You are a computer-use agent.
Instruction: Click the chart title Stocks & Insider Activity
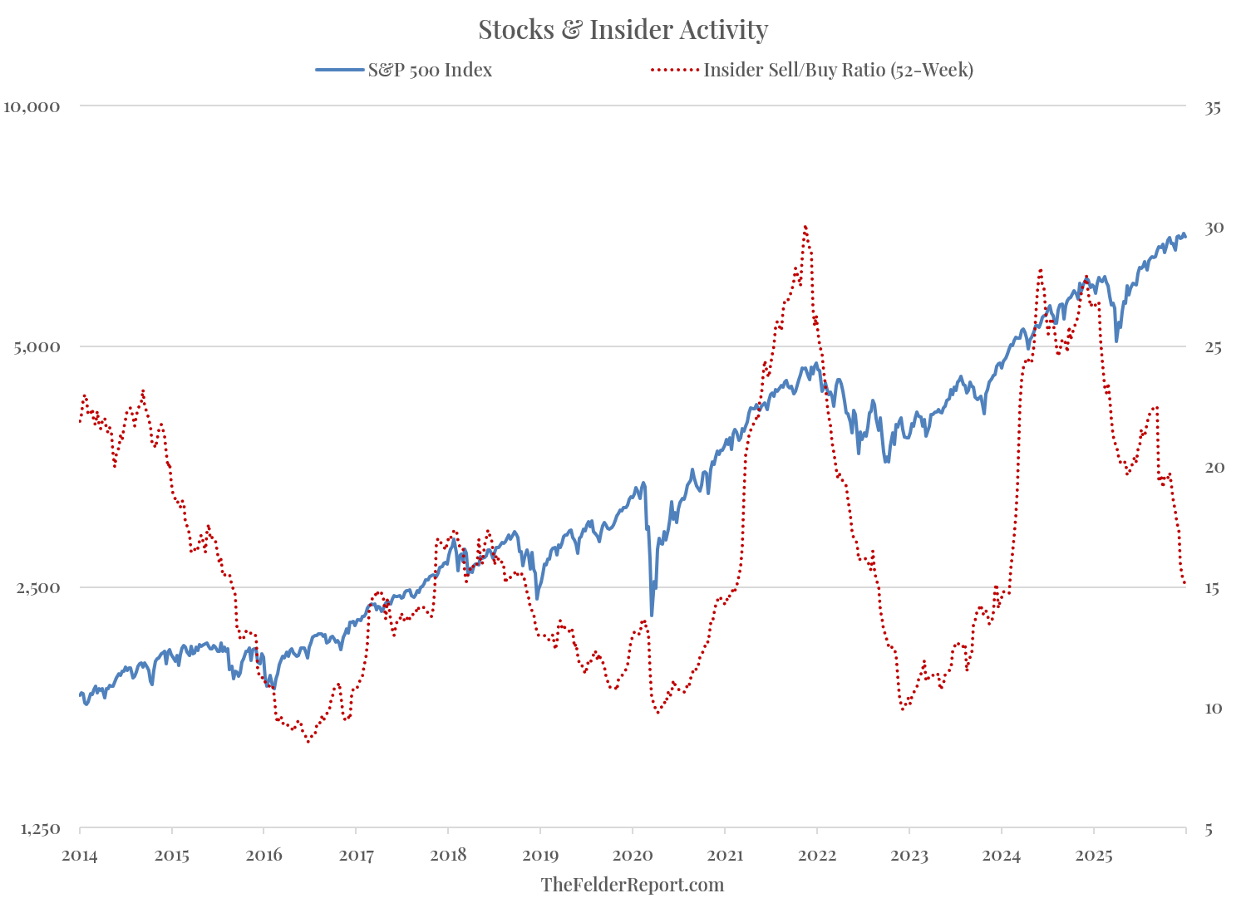(x=623, y=30)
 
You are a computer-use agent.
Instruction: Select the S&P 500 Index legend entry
(x=430, y=70)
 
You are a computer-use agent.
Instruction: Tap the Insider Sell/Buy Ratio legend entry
(x=838, y=70)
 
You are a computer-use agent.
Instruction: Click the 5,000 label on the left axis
(x=37, y=346)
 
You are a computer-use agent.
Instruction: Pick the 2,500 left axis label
(x=37, y=588)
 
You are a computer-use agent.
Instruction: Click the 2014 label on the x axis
(x=80, y=855)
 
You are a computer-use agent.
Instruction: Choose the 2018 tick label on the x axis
(x=447, y=855)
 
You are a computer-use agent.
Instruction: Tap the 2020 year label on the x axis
(x=632, y=855)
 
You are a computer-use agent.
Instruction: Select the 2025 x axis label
(x=1093, y=855)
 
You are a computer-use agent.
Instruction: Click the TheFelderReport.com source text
(x=632, y=885)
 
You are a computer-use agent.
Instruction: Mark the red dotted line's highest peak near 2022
(x=805, y=226)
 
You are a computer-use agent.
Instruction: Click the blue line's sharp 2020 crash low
(x=652, y=615)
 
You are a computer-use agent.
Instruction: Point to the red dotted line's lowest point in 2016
(x=308, y=741)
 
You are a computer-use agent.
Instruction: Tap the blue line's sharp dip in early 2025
(x=1116, y=341)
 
